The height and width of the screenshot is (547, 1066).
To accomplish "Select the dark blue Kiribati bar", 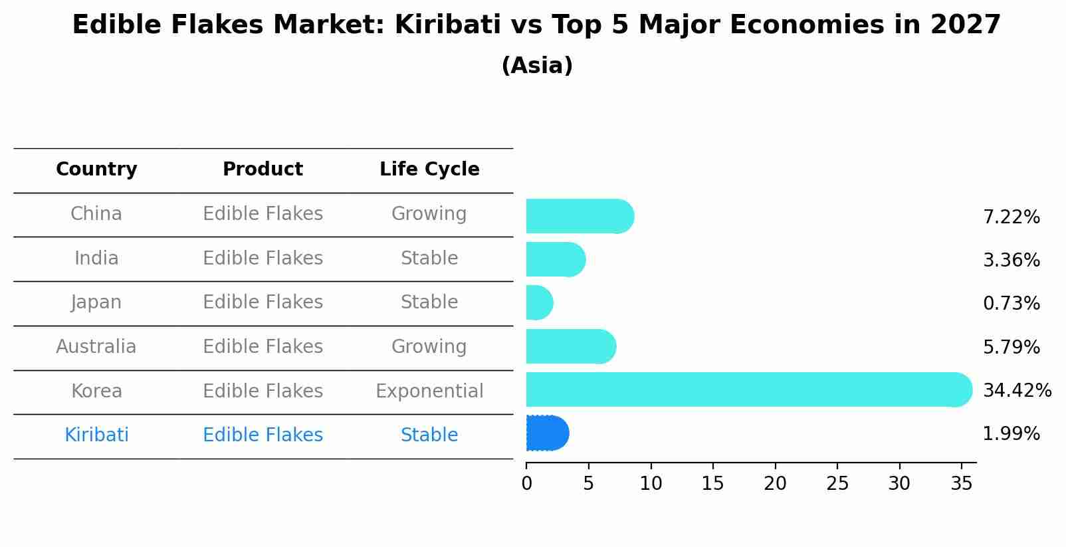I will click(x=547, y=433).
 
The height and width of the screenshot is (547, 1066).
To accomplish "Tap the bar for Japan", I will click(x=539, y=303).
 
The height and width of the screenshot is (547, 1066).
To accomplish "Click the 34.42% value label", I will click(x=1017, y=390).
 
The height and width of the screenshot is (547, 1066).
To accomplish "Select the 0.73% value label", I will click(x=1011, y=304).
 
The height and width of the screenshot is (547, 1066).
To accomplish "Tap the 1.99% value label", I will click(x=1011, y=434).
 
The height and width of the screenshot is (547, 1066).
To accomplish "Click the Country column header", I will click(x=96, y=169).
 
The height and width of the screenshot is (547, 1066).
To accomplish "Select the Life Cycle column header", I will click(x=429, y=169).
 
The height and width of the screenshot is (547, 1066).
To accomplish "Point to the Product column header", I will click(x=263, y=169).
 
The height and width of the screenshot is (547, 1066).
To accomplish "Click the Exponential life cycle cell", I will click(x=429, y=391).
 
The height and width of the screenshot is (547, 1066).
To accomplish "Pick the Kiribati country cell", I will click(x=96, y=435).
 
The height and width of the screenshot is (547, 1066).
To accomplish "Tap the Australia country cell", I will click(x=96, y=347).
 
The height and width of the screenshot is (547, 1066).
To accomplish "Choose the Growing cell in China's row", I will click(x=429, y=214).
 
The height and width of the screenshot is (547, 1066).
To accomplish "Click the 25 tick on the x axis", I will click(x=837, y=484).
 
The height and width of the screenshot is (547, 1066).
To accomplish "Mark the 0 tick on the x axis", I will click(x=526, y=484).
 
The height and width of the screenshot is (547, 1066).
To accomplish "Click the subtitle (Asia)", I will click(x=537, y=66).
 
